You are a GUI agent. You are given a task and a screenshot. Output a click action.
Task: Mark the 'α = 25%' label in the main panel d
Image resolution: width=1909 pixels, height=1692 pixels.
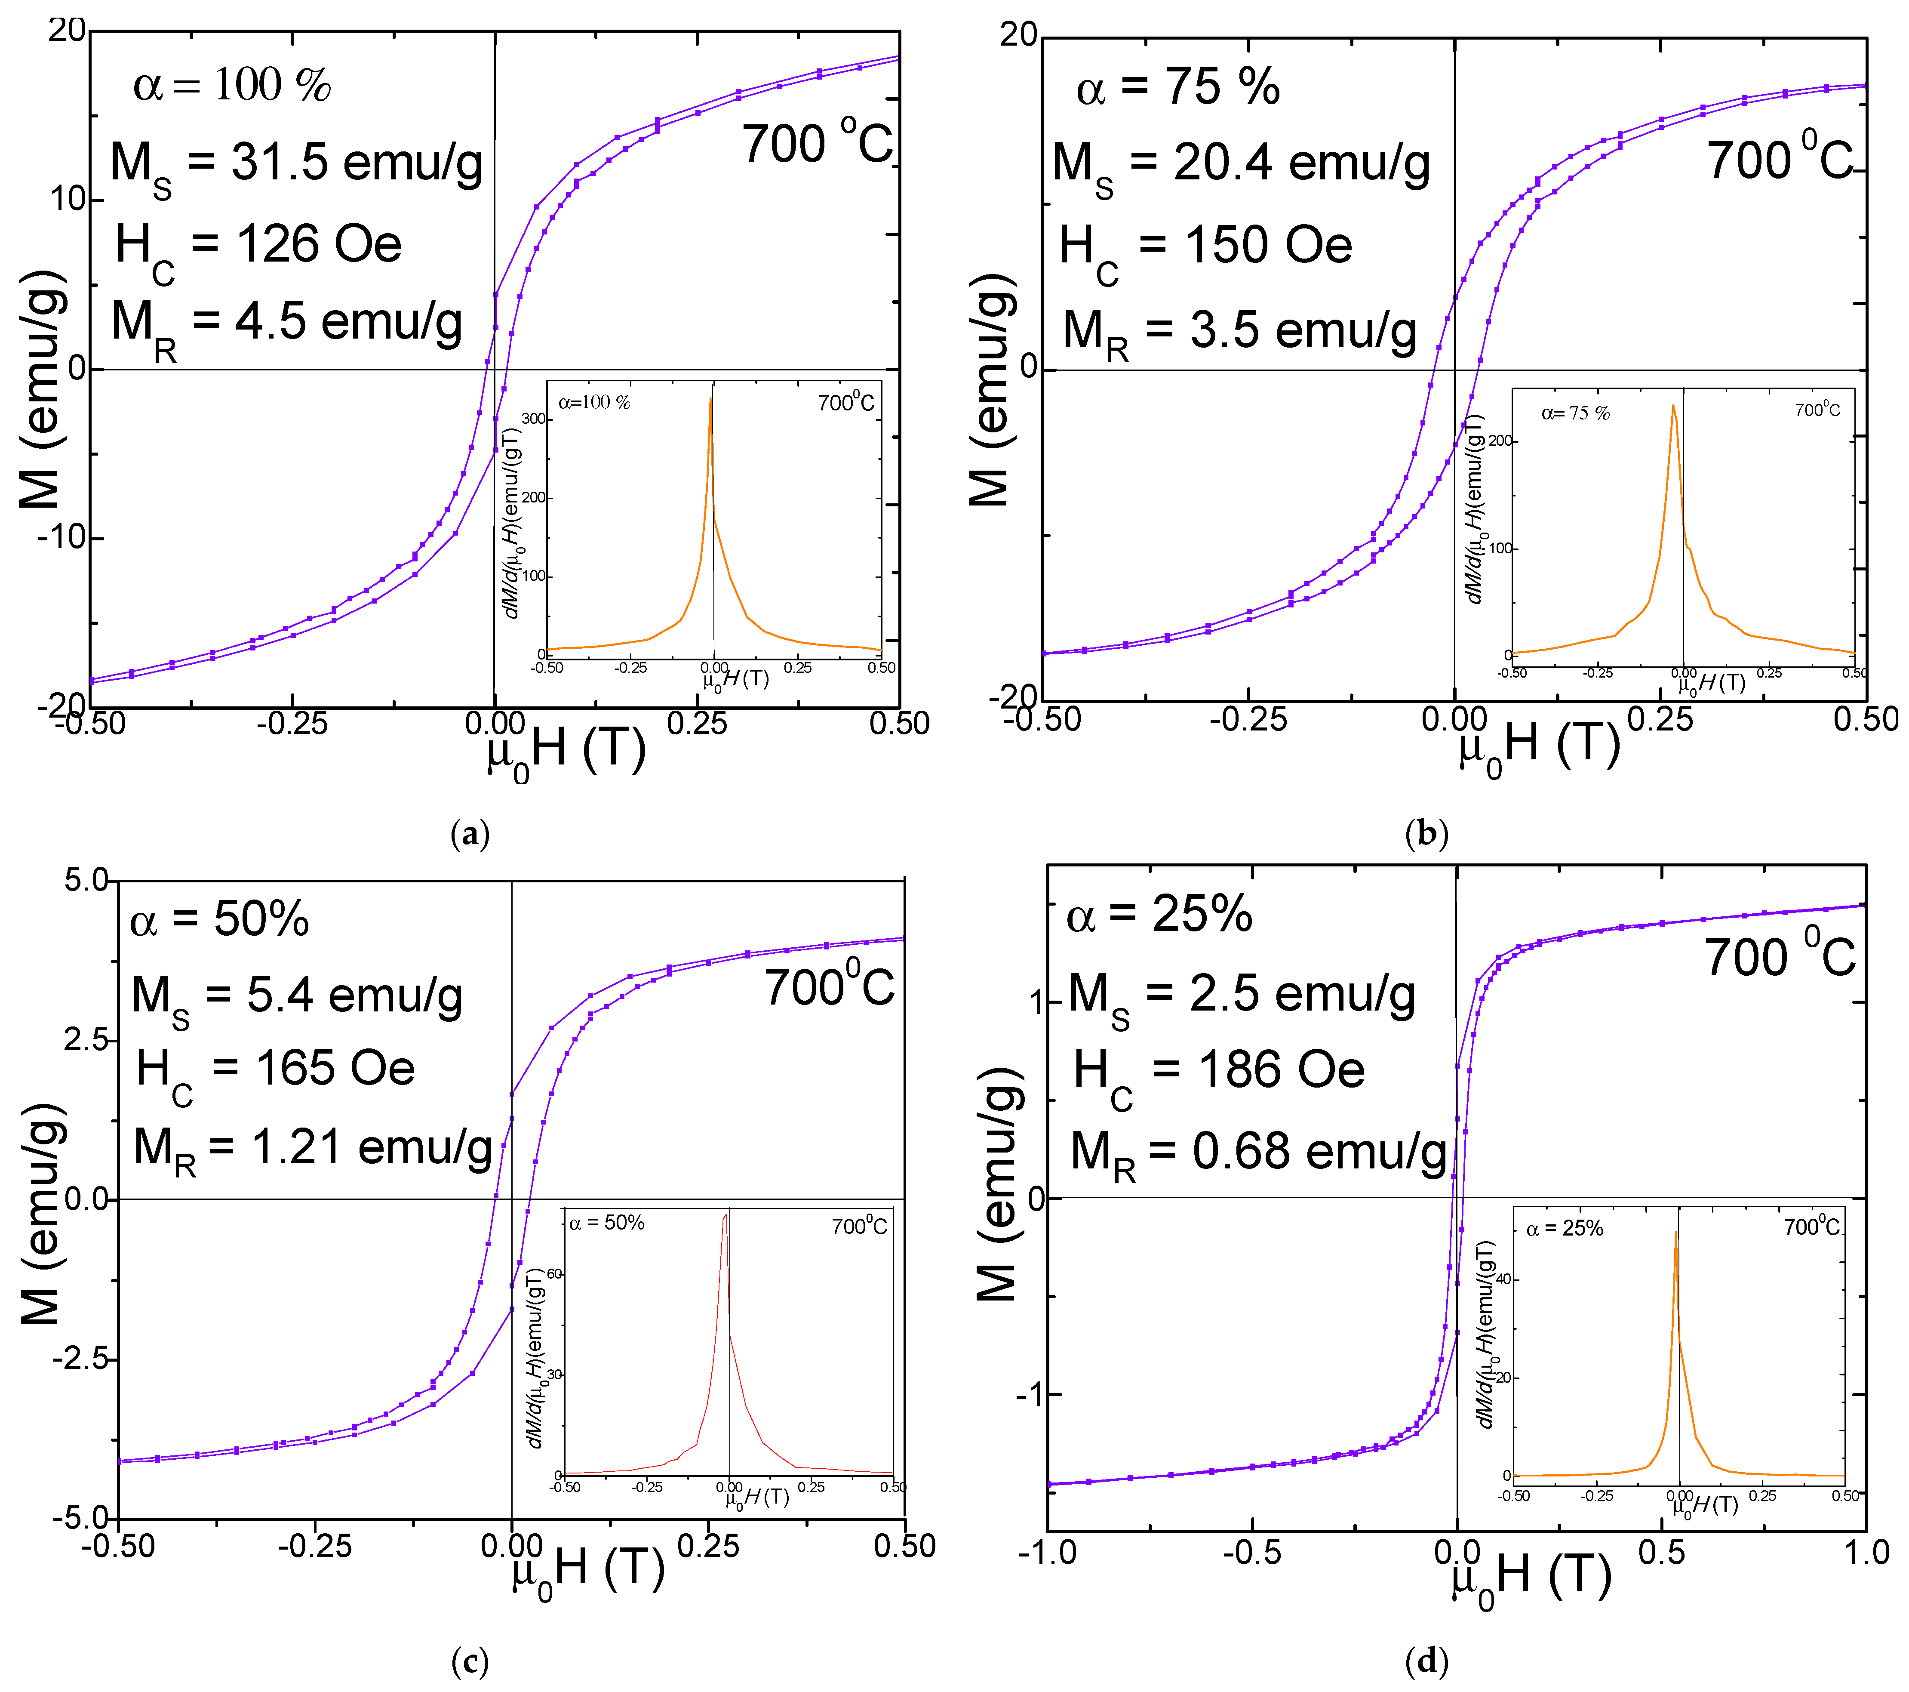click(x=1158, y=915)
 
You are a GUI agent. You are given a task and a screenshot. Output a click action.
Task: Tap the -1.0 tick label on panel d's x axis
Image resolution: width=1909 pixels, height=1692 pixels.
click(x=1047, y=1553)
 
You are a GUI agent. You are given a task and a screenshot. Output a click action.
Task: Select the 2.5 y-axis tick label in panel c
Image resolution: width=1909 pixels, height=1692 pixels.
click(x=86, y=1040)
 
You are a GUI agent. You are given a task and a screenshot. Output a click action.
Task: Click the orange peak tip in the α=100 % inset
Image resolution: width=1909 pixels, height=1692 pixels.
click(x=711, y=398)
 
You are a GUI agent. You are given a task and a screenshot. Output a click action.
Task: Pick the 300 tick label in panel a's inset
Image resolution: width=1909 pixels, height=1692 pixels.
click(x=533, y=419)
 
